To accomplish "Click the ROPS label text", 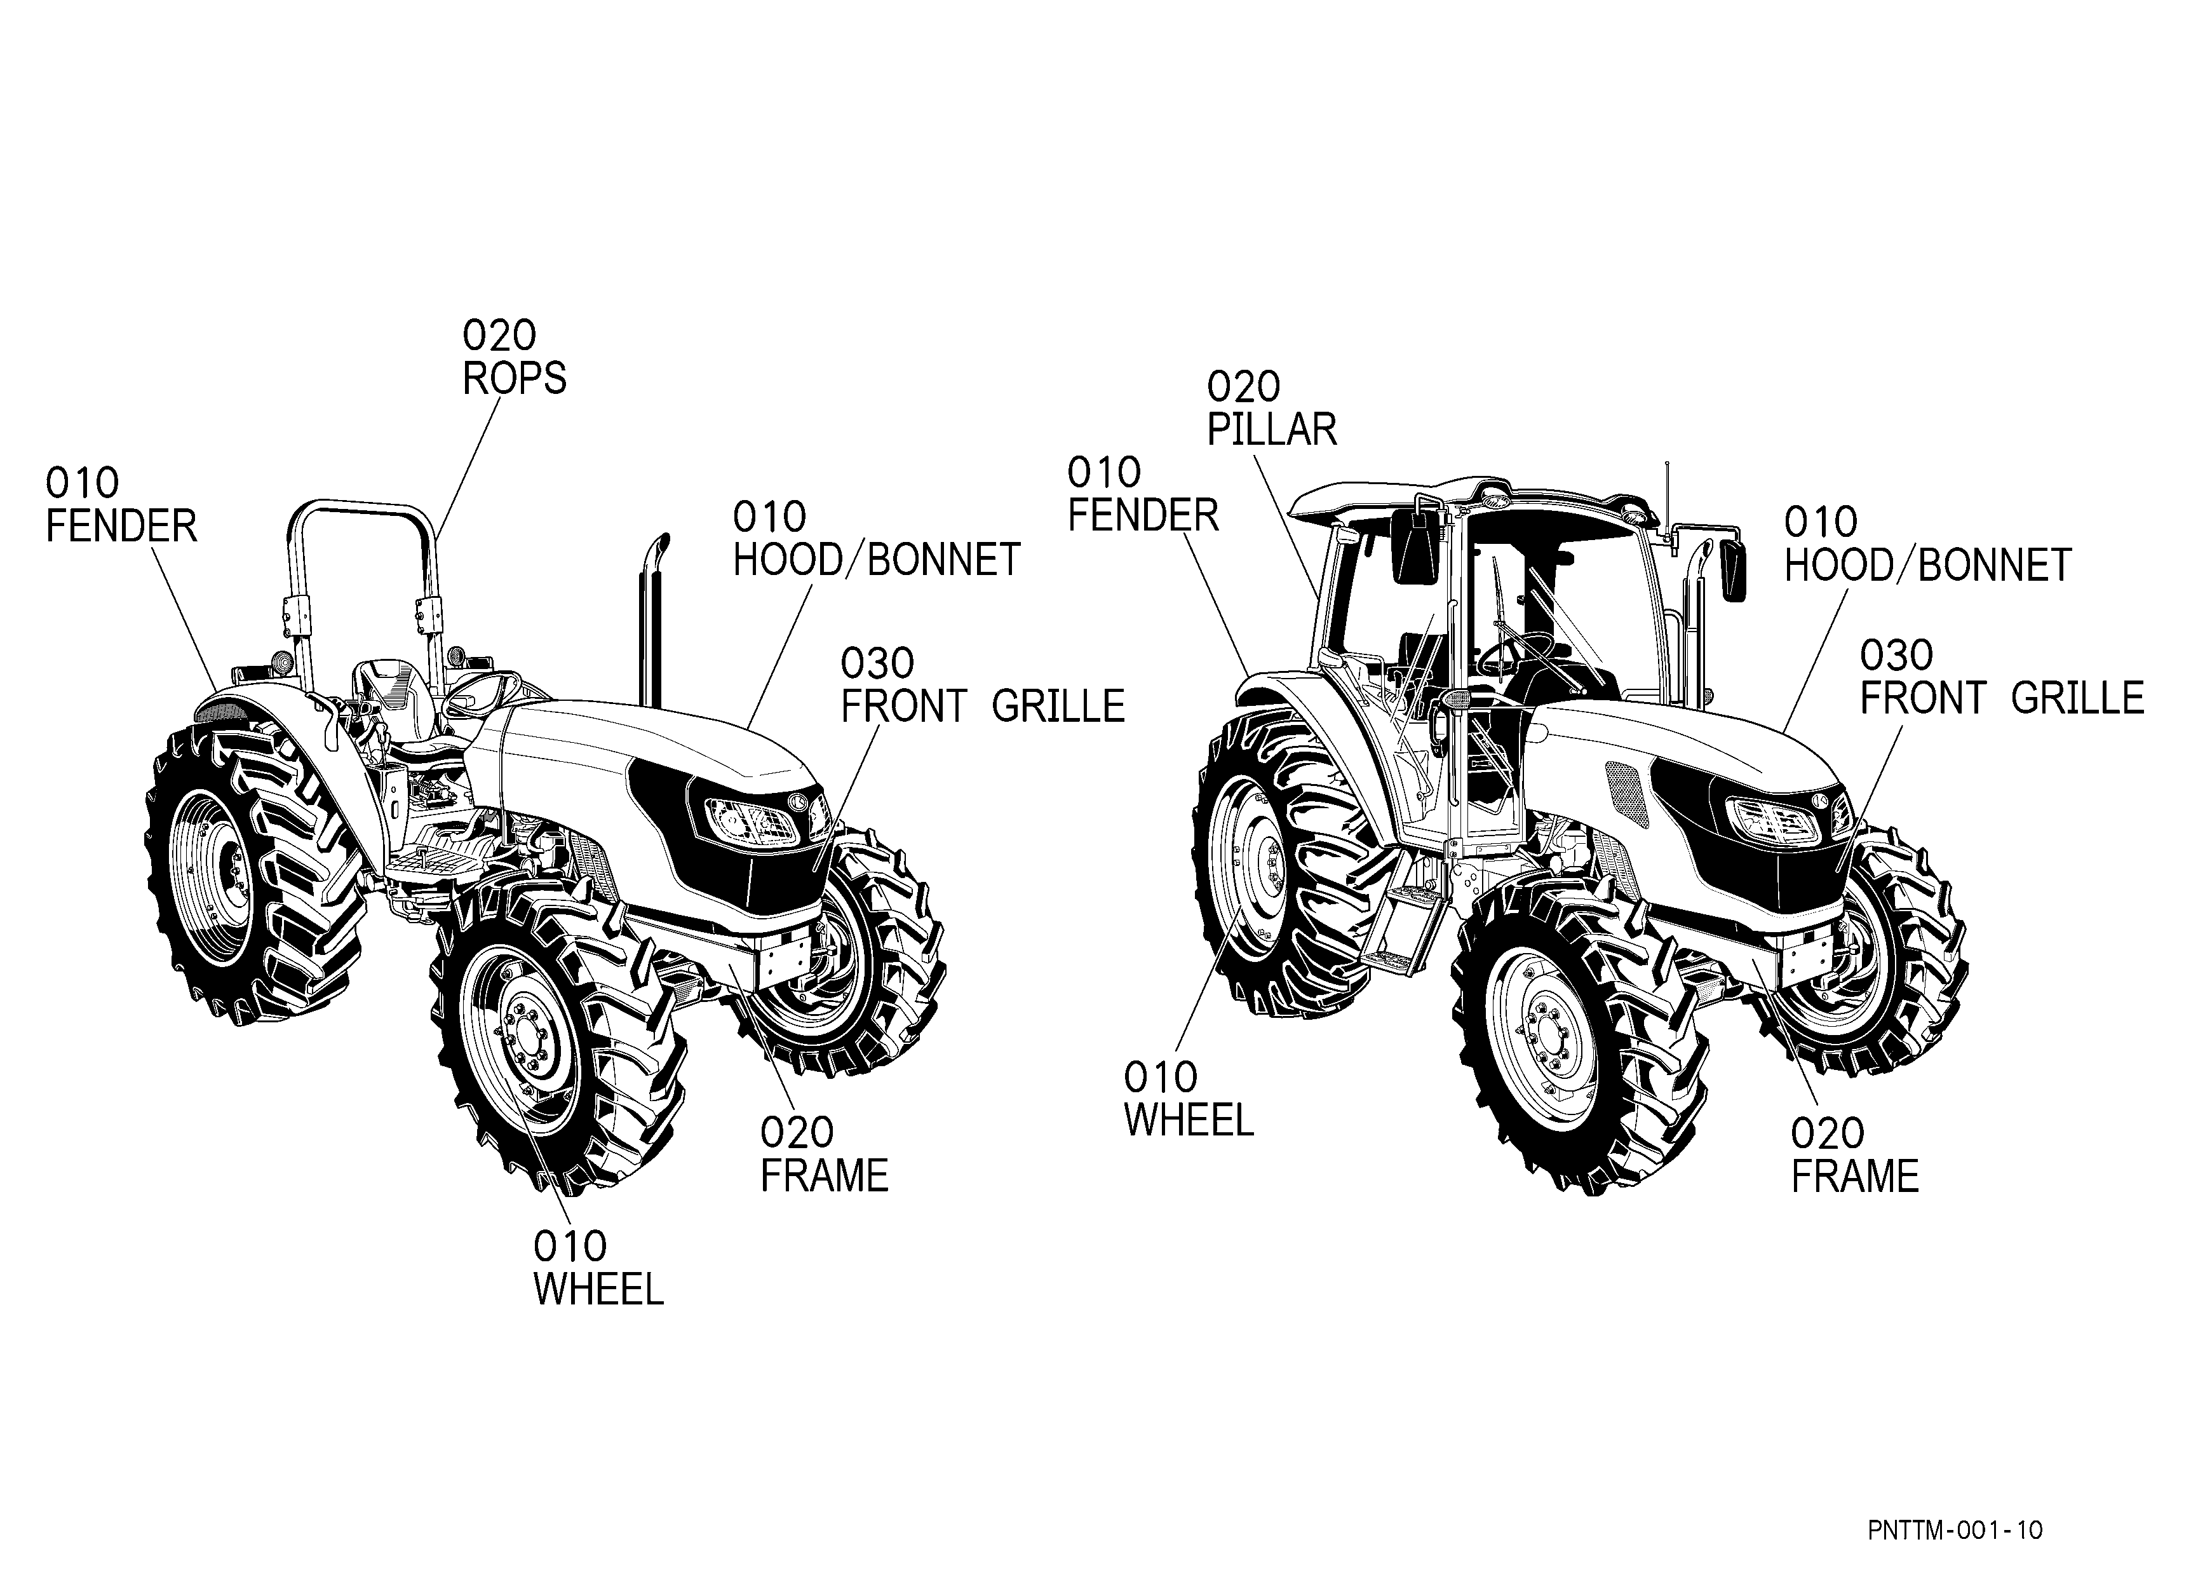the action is click(x=514, y=379).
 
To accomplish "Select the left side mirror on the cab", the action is click(x=1415, y=546).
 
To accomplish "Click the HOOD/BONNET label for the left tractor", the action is click(x=876, y=560).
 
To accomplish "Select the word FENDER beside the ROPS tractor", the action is click(x=122, y=527).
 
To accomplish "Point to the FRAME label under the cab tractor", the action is click(x=1855, y=1177).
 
